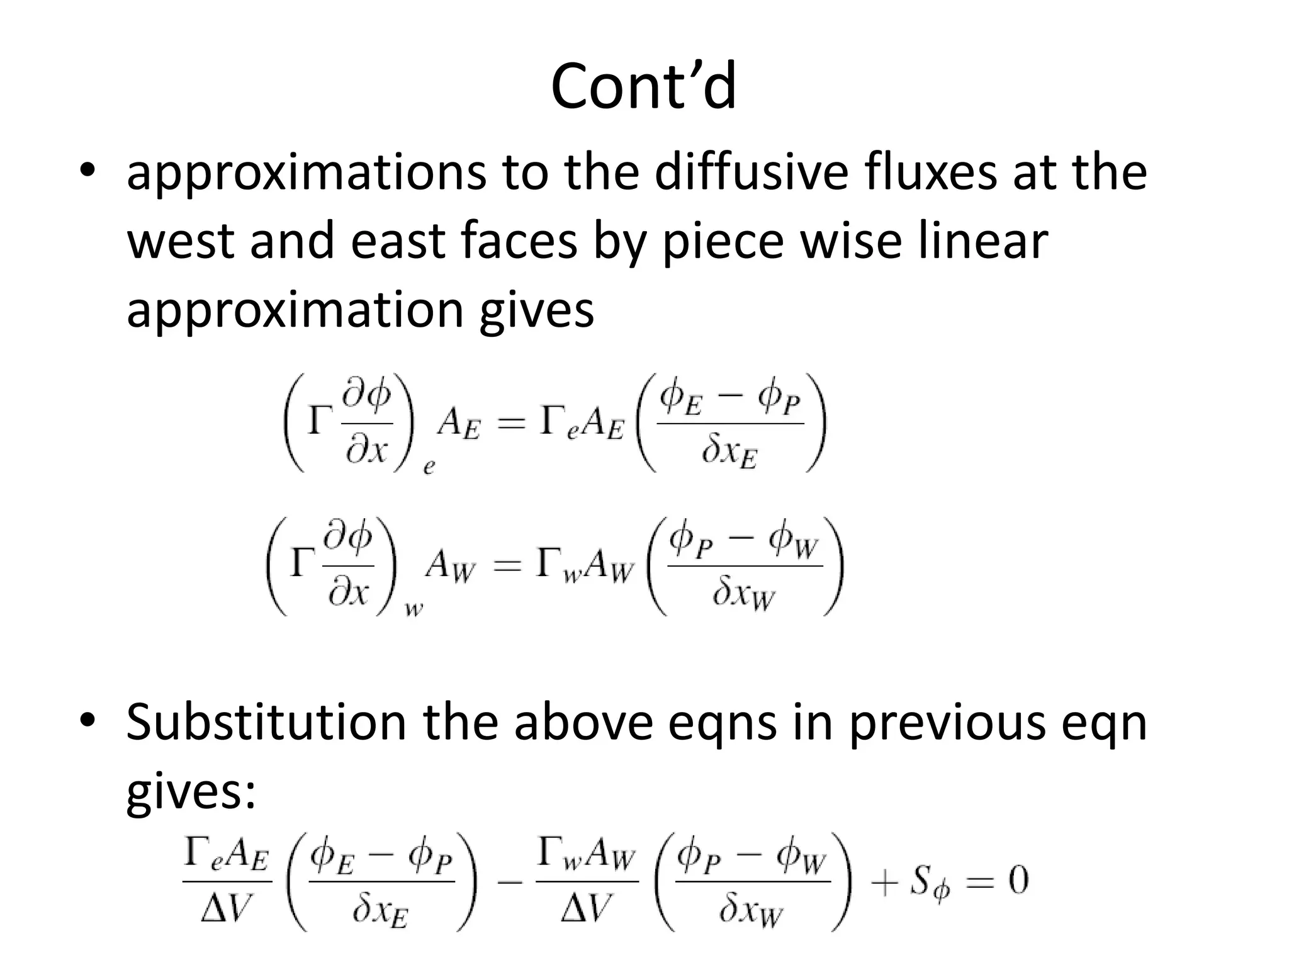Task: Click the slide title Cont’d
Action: point(643,86)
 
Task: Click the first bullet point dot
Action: point(87,171)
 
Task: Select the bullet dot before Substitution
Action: point(87,720)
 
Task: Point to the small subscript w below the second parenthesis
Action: point(414,609)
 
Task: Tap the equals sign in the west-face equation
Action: point(507,567)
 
